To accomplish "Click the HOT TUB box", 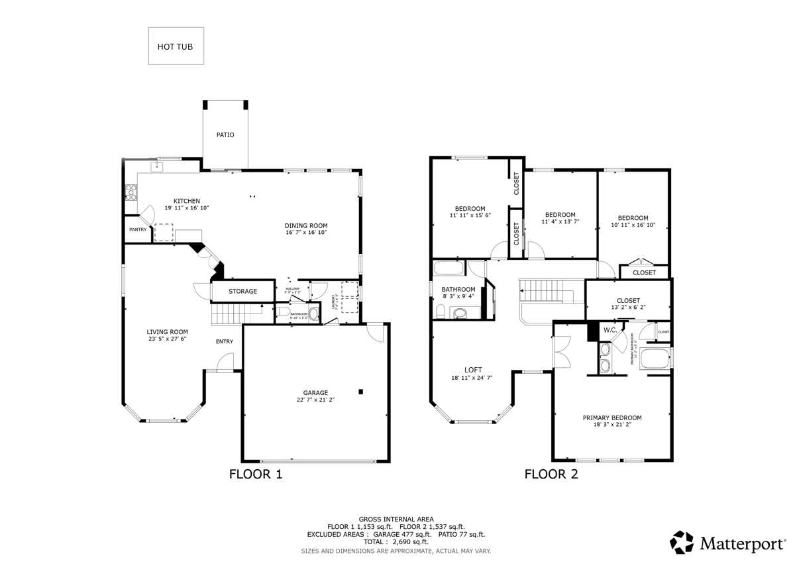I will (176, 46).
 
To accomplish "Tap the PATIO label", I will (225, 135).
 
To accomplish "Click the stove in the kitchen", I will (131, 192).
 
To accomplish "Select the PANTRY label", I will (138, 229).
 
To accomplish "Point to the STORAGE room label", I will (242, 291).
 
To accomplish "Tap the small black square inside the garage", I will (360, 392).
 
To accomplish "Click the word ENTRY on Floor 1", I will (224, 341).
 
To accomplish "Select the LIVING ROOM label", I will (167, 332).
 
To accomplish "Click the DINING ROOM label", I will (306, 225).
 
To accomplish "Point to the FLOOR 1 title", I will (256, 474).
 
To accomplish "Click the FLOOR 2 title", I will (551, 474).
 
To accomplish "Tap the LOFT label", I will (473, 370).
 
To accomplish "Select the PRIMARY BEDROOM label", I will (612, 418).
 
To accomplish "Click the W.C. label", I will (609, 329).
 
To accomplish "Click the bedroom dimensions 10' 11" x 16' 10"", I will (633, 225).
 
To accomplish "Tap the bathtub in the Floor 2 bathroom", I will (449, 268).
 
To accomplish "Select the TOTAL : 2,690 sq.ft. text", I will (396, 541).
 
